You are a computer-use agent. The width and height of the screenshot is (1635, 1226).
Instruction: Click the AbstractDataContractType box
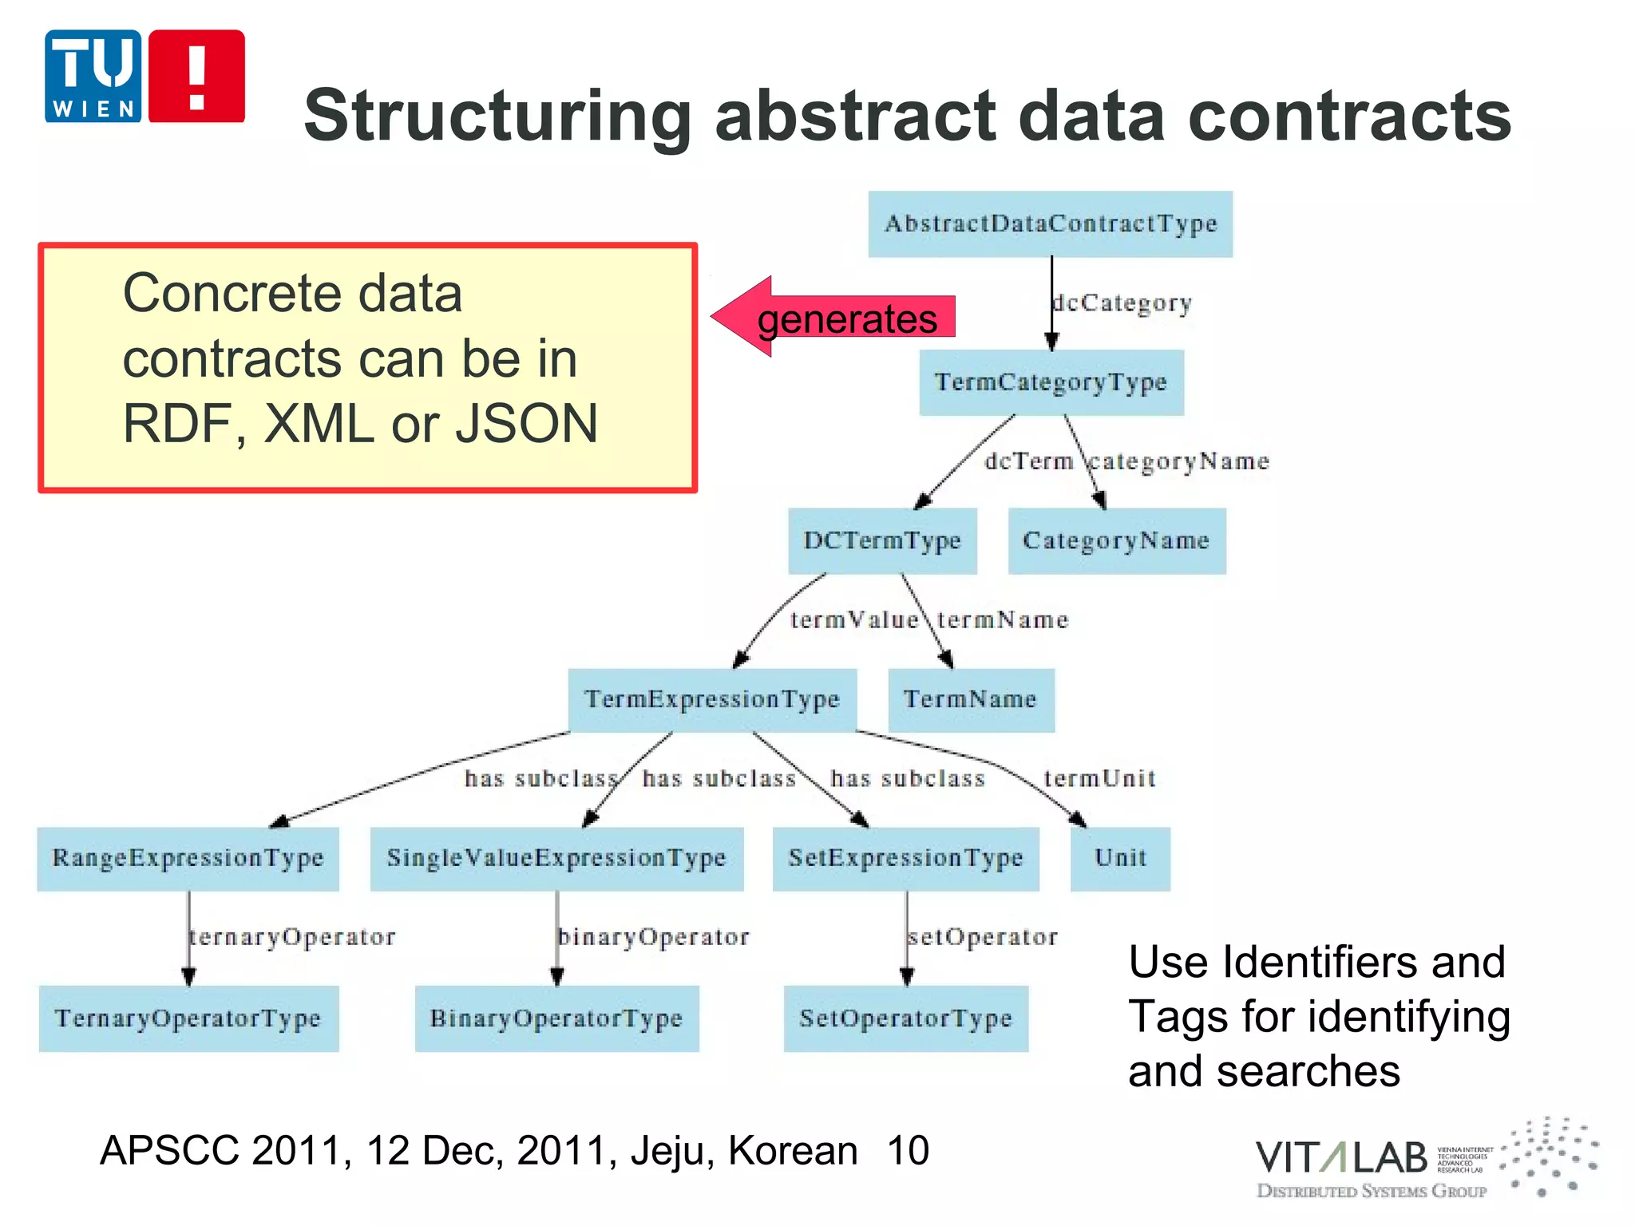tap(1050, 223)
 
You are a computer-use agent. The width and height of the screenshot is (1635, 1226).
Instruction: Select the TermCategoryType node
tap(1051, 382)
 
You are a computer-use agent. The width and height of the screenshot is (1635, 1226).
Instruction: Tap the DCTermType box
tap(882, 540)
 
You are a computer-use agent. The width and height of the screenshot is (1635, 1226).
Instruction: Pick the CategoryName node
tap(1116, 540)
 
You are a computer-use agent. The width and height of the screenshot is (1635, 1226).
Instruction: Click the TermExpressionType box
tap(712, 699)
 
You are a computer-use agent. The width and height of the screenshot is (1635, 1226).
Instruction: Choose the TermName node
tap(971, 699)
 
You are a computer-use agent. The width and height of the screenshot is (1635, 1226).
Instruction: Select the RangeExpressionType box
tap(188, 858)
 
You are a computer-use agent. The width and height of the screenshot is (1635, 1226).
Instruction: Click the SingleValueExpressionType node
tap(556, 858)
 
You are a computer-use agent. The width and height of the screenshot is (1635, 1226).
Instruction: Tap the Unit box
tap(1120, 858)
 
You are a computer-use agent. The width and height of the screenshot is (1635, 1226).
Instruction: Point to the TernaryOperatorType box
tap(188, 1018)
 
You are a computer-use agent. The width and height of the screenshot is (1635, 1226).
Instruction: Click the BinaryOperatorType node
tap(556, 1018)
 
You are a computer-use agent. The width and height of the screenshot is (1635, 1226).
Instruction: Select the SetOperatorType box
tap(905, 1018)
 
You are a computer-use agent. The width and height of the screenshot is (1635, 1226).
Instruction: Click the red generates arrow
tap(834, 318)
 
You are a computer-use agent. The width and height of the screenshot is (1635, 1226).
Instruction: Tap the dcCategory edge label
tap(1122, 303)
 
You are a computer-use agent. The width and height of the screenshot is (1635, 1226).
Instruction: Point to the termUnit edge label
tap(1099, 777)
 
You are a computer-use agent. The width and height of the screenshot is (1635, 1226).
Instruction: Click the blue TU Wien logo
tap(93, 76)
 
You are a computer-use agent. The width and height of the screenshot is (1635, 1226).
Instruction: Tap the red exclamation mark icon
tap(196, 76)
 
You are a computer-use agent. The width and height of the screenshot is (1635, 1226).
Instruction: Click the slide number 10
tap(908, 1150)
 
